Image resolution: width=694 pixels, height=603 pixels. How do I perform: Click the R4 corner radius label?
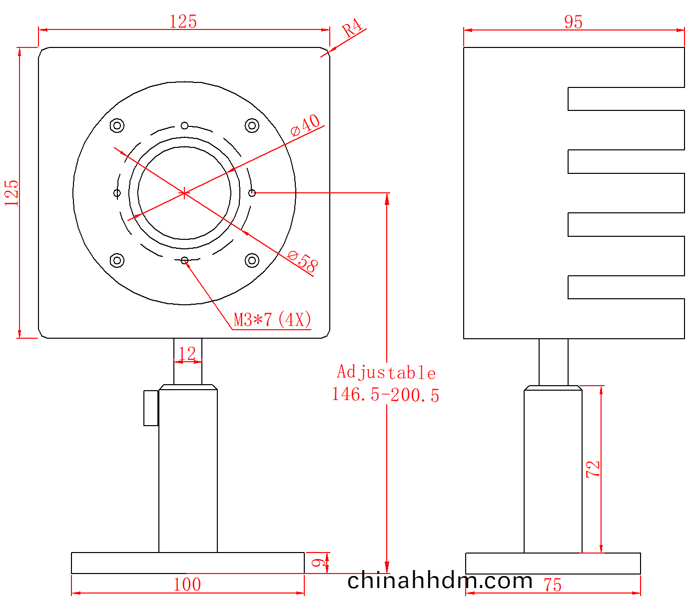pos(352,28)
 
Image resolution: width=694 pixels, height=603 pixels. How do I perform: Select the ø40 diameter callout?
pos(305,125)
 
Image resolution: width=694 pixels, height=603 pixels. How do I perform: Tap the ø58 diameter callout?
pos(303,261)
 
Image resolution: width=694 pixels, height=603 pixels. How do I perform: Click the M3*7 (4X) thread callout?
pos(272,319)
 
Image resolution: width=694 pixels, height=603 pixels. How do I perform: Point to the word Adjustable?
pos(386,372)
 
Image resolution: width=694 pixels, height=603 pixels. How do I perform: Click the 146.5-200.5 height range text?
pos(386,395)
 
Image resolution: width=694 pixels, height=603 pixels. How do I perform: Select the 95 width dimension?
pos(573,22)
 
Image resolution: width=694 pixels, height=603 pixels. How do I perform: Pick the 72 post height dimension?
pos(593,469)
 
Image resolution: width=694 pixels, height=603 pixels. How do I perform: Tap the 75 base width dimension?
pos(553,585)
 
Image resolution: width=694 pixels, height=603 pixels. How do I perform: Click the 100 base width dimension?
pos(187,585)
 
